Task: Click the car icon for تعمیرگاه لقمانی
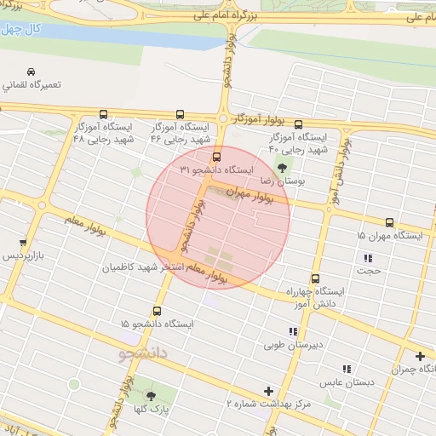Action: (32, 72)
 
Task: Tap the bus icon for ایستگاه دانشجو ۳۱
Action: (216, 157)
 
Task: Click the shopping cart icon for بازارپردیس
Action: (23, 243)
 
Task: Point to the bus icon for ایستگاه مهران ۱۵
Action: (389, 221)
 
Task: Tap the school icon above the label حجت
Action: (368, 258)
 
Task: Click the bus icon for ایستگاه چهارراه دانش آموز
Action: (316, 278)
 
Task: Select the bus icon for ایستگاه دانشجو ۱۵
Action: (157, 311)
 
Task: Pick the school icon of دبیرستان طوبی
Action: (293, 331)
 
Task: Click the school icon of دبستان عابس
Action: (346, 369)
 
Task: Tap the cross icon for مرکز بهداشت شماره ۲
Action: (269, 392)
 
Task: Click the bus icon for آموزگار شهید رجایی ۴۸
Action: (104, 114)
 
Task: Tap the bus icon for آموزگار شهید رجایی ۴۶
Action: (180, 114)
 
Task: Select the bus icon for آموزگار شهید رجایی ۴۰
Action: (297, 124)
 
